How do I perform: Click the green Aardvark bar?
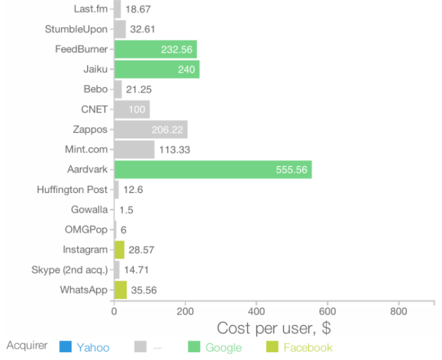point(213,170)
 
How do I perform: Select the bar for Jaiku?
point(156,69)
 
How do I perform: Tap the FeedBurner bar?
point(155,49)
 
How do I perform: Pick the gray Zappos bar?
point(150,130)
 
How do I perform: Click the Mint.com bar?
point(134,149)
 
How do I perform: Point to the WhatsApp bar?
point(121,290)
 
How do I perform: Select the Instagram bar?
point(119,250)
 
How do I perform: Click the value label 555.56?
point(291,170)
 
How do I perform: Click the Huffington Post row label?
point(72,189)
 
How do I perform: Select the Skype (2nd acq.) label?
point(69,269)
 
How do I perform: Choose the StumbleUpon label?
point(76,29)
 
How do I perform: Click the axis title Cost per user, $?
point(274,328)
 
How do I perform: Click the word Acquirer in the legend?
point(27,346)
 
